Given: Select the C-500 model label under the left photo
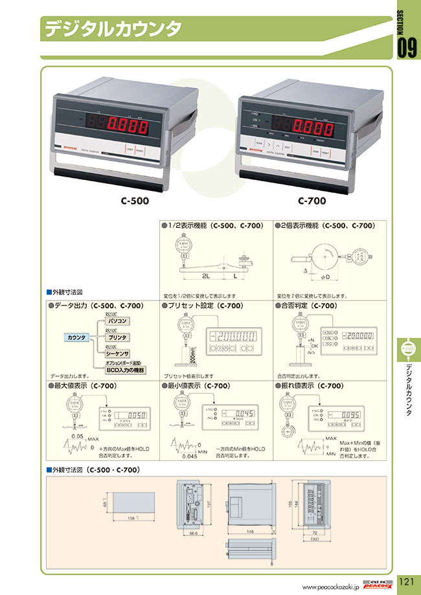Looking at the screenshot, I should [x=134, y=200].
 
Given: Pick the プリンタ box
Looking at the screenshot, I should [x=117, y=337].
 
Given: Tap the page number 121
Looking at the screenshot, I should [x=406, y=581].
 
